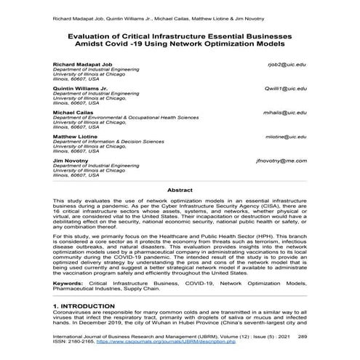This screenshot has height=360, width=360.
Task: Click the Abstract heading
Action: click(x=180, y=189)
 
